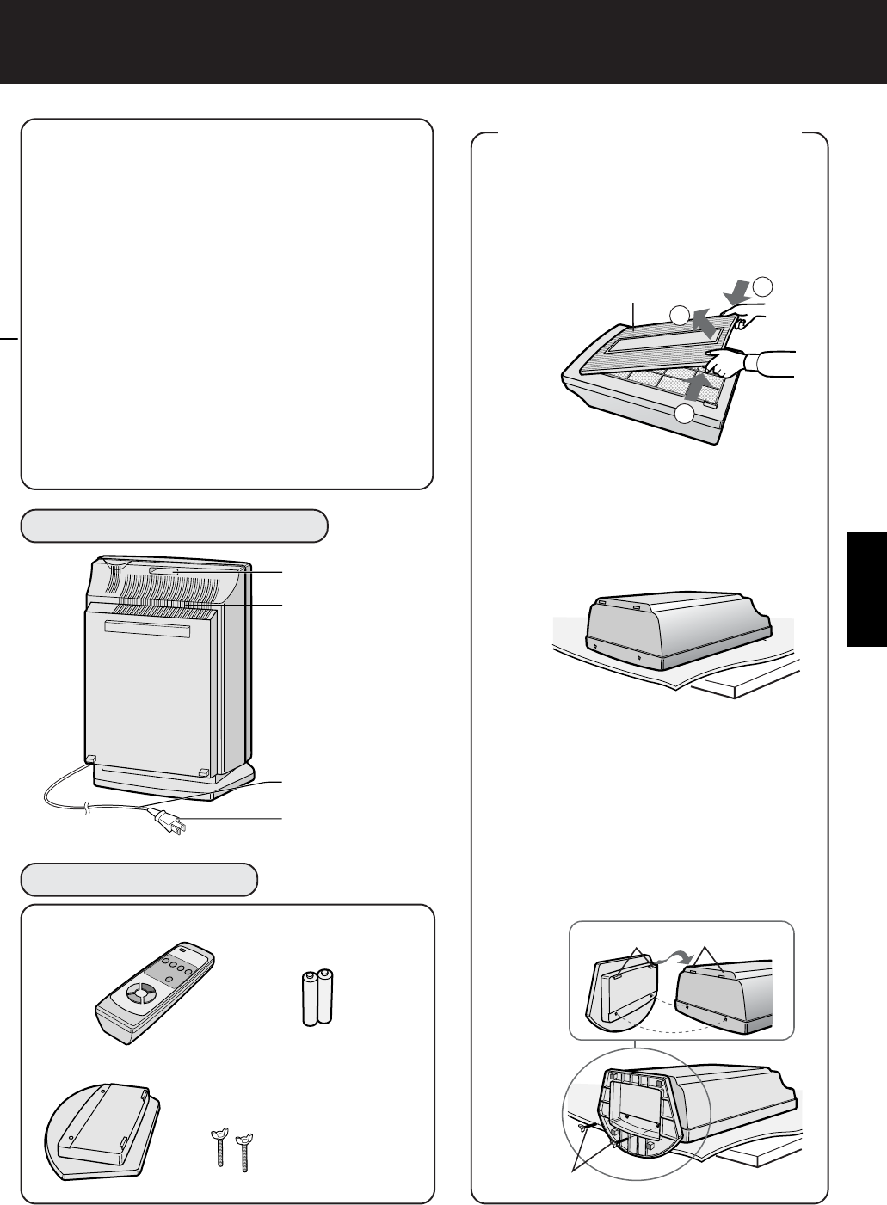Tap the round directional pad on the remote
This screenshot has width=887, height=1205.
click(x=137, y=994)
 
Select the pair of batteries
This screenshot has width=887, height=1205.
click(x=317, y=998)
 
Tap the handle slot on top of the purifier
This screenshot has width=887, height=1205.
click(x=163, y=570)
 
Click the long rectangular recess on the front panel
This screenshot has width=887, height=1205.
click(x=145, y=630)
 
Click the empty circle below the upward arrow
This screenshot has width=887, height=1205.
click(x=684, y=415)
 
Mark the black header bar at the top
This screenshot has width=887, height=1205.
click(x=443, y=41)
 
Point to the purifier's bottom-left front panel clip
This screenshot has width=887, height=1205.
click(x=89, y=759)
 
